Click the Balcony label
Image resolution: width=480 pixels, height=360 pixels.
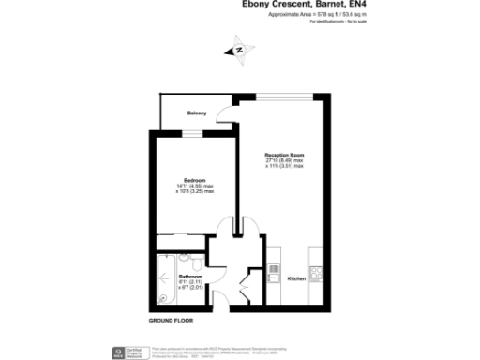[x=196, y=113]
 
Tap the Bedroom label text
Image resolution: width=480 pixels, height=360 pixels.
[x=194, y=179]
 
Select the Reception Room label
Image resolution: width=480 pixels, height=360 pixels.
[x=284, y=154]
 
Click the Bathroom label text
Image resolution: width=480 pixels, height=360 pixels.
[x=191, y=277]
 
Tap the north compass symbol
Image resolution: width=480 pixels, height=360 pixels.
[x=238, y=51]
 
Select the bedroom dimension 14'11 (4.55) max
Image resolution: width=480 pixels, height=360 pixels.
[x=194, y=186]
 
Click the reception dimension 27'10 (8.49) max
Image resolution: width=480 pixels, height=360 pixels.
[x=284, y=160]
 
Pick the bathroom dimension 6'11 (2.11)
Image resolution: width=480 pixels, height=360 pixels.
[x=191, y=282]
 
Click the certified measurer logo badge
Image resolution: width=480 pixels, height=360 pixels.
[x=120, y=352]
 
